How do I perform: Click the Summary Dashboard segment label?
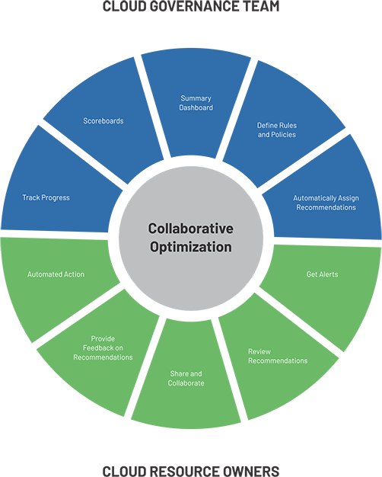(196, 103)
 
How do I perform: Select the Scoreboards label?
(103, 120)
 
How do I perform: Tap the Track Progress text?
(46, 197)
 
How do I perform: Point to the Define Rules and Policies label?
(277, 130)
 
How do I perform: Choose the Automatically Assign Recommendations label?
(326, 203)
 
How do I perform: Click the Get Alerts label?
(322, 274)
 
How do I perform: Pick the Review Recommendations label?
(278, 356)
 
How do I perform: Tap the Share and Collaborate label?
(186, 378)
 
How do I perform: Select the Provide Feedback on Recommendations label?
(103, 347)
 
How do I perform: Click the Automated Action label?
(56, 274)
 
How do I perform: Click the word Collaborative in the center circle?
(191, 229)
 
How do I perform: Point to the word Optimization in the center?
(191, 247)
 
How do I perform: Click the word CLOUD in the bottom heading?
(125, 471)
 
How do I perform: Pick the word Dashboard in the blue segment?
(196, 107)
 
